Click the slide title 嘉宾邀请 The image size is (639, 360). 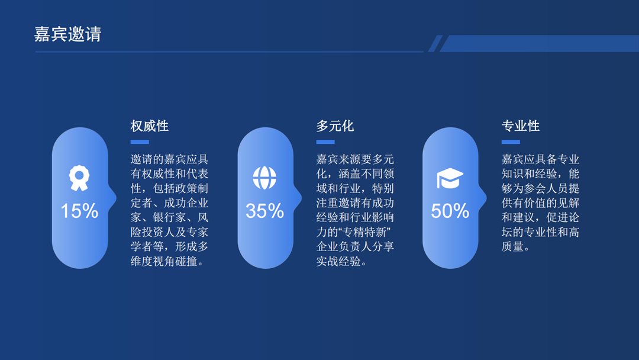67,34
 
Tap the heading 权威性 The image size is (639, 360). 150,126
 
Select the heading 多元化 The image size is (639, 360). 335,126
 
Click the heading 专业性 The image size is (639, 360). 521,126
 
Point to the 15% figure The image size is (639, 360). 79,211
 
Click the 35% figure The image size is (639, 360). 264,211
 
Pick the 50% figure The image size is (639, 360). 450,211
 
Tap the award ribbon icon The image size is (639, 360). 79,178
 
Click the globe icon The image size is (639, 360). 264,178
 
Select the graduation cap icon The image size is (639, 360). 450,178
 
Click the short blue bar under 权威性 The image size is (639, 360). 140,142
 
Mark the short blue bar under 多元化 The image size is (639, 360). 325,142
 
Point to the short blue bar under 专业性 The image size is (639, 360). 511,142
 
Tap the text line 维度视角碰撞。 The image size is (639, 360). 168,261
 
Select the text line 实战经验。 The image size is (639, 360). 341,261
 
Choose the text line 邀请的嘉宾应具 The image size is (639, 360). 169,160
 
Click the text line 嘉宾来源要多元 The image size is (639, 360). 355,160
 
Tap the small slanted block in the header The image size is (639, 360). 435,43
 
